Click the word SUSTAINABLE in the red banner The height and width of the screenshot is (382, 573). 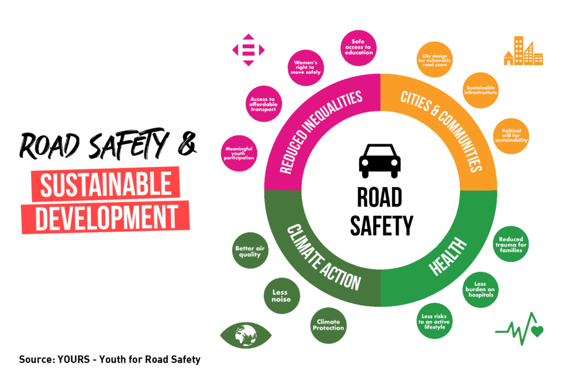pos(106,185)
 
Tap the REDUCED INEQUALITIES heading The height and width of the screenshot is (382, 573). pos(320,132)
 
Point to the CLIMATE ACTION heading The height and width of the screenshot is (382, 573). pos(324,258)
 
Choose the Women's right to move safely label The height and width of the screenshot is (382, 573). pos(308,67)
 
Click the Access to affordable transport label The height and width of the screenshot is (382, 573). pos(263,104)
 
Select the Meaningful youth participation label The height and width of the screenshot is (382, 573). pos(239,153)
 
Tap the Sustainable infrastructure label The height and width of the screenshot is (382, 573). pos(481,89)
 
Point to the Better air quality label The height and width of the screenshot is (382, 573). pos(248,251)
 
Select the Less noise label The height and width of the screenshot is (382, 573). pos(281,296)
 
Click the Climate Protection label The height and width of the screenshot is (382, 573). pos(329,325)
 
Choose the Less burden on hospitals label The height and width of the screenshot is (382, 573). pos(480,289)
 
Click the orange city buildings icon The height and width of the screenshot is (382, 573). pos(525,52)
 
